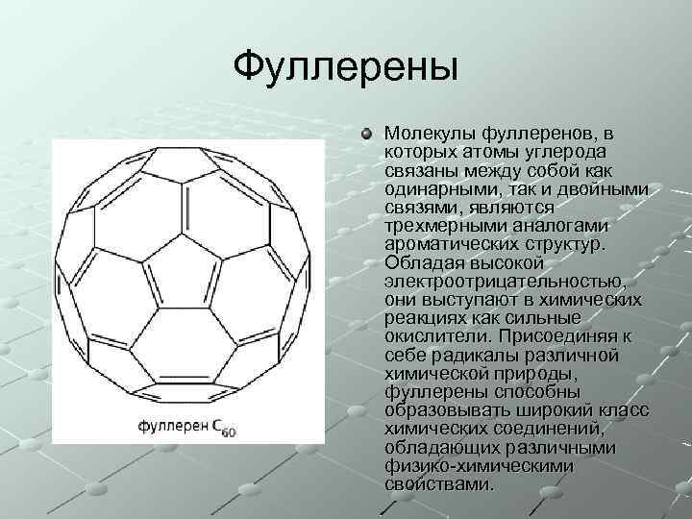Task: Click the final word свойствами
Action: (436, 484)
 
